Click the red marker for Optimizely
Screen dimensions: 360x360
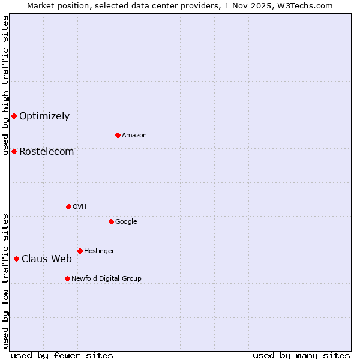click(x=14, y=116)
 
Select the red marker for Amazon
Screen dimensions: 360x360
click(x=118, y=135)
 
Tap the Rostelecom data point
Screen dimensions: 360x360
click(x=14, y=151)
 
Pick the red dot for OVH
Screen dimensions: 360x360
click(x=68, y=206)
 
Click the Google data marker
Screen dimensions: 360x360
click(x=111, y=221)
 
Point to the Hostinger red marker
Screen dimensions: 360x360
click(x=80, y=251)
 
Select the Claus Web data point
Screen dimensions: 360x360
click(x=16, y=259)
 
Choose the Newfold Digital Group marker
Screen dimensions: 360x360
click(x=67, y=278)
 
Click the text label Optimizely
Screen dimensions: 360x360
click(x=44, y=116)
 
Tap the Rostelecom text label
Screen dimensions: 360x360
click(x=47, y=152)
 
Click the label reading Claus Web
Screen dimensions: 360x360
click(x=47, y=259)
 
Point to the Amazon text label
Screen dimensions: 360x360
click(x=134, y=136)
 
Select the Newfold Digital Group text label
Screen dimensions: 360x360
click(x=107, y=279)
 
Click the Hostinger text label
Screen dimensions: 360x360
click(x=100, y=251)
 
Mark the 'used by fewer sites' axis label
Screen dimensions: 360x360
click(x=62, y=355)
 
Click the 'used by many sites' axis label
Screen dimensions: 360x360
click(x=301, y=355)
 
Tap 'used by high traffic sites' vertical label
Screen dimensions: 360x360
click(x=5, y=85)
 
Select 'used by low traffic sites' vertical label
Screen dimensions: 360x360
click(x=5, y=280)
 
